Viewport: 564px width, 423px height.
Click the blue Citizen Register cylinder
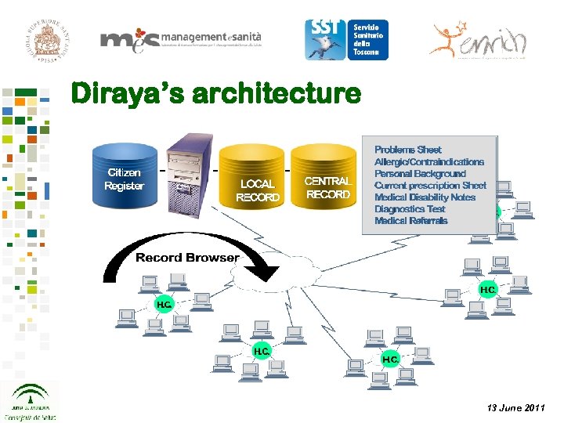(125, 179)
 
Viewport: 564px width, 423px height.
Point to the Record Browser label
(187, 258)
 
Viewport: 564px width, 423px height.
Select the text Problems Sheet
(407, 150)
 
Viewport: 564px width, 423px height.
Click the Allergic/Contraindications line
(428, 161)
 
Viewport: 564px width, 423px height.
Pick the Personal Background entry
(420, 173)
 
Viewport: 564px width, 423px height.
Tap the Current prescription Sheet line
(430, 186)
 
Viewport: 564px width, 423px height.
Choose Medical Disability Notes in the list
(425, 197)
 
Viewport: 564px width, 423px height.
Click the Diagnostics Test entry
(410, 209)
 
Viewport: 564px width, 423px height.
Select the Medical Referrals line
(410, 221)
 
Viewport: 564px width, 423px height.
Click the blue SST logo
(345, 39)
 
